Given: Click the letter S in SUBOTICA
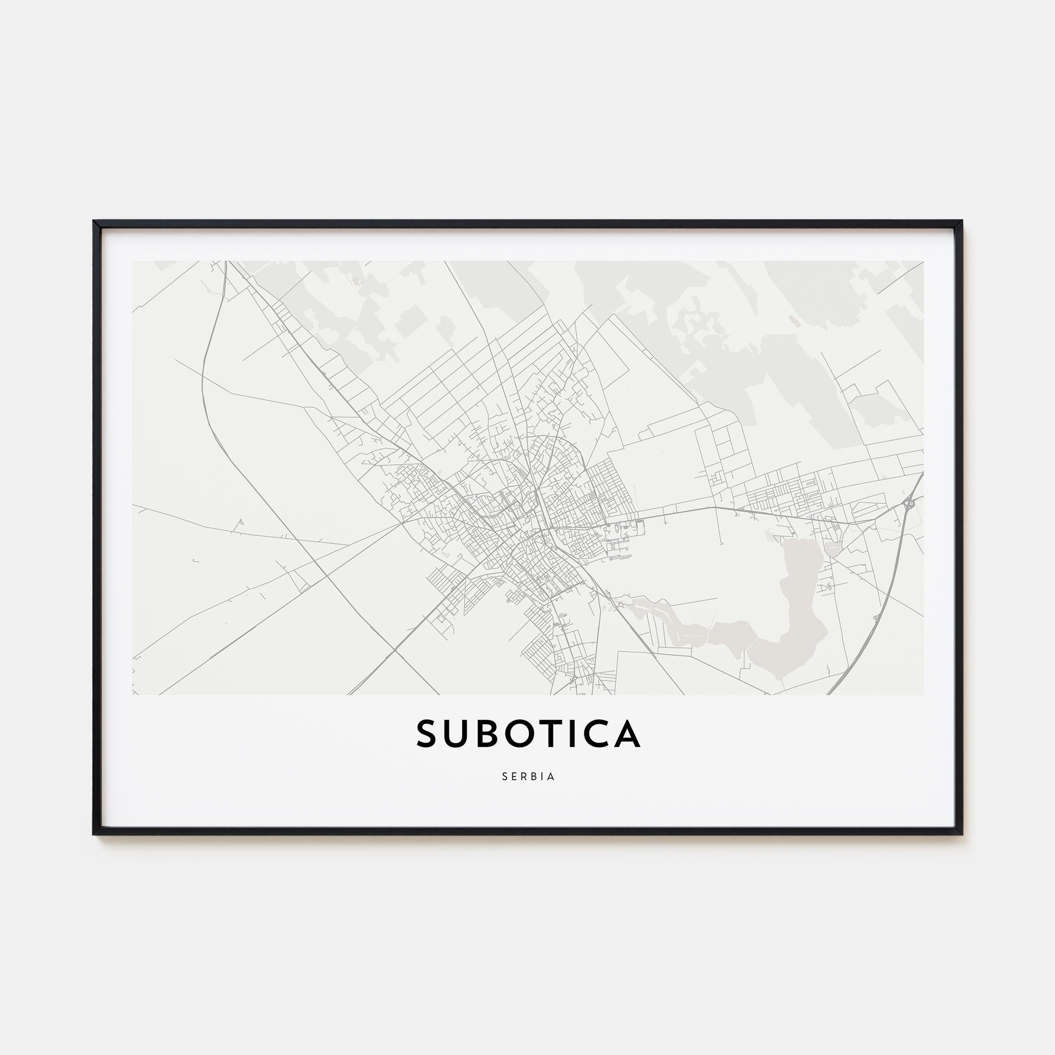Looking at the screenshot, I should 428,733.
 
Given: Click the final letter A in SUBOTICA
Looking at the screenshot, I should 627,733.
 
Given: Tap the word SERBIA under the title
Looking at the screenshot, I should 528,776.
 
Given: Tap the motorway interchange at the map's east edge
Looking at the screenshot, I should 908,502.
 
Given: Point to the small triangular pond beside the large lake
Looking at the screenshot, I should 834,548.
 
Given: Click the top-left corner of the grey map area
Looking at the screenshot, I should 133,261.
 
